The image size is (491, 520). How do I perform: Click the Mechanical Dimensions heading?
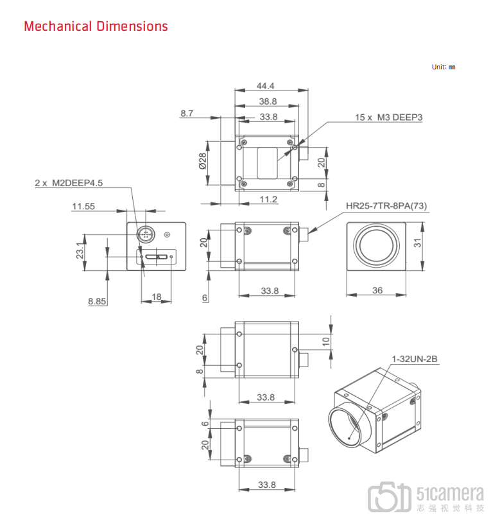(x=96, y=26)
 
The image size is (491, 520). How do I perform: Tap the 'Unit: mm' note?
(x=444, y=67)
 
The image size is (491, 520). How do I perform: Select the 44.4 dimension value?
(x=265, y=86)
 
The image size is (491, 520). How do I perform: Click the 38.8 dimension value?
(x=268, y=101)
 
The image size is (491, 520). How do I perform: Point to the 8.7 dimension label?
(x=187, y=114)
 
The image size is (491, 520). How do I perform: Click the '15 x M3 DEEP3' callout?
(x=388, y=117)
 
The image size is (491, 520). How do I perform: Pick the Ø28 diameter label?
(x=203, y=161)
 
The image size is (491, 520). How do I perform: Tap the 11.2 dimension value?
(x=268, y=199)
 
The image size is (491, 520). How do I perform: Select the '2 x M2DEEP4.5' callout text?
(x=69, y=183)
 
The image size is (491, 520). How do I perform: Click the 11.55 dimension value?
(x=83, y=206)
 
